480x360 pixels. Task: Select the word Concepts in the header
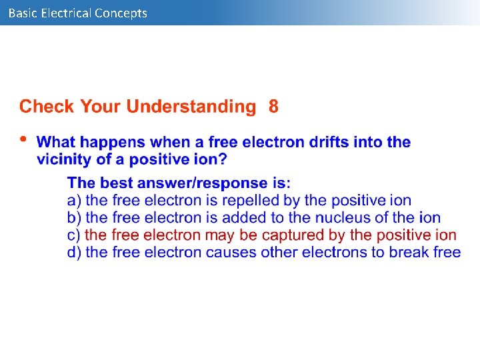point(121,13)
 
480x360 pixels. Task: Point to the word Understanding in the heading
point(191,107)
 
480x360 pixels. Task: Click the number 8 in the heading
point(273,107)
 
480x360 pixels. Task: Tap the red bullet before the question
point(23,139)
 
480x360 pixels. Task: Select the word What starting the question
point(57,142)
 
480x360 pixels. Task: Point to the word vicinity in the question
point(64,159)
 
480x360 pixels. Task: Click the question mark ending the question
point(223,159)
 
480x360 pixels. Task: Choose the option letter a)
point(74,200)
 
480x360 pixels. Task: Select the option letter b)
point(74,217)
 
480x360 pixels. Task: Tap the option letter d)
point(74,252)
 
